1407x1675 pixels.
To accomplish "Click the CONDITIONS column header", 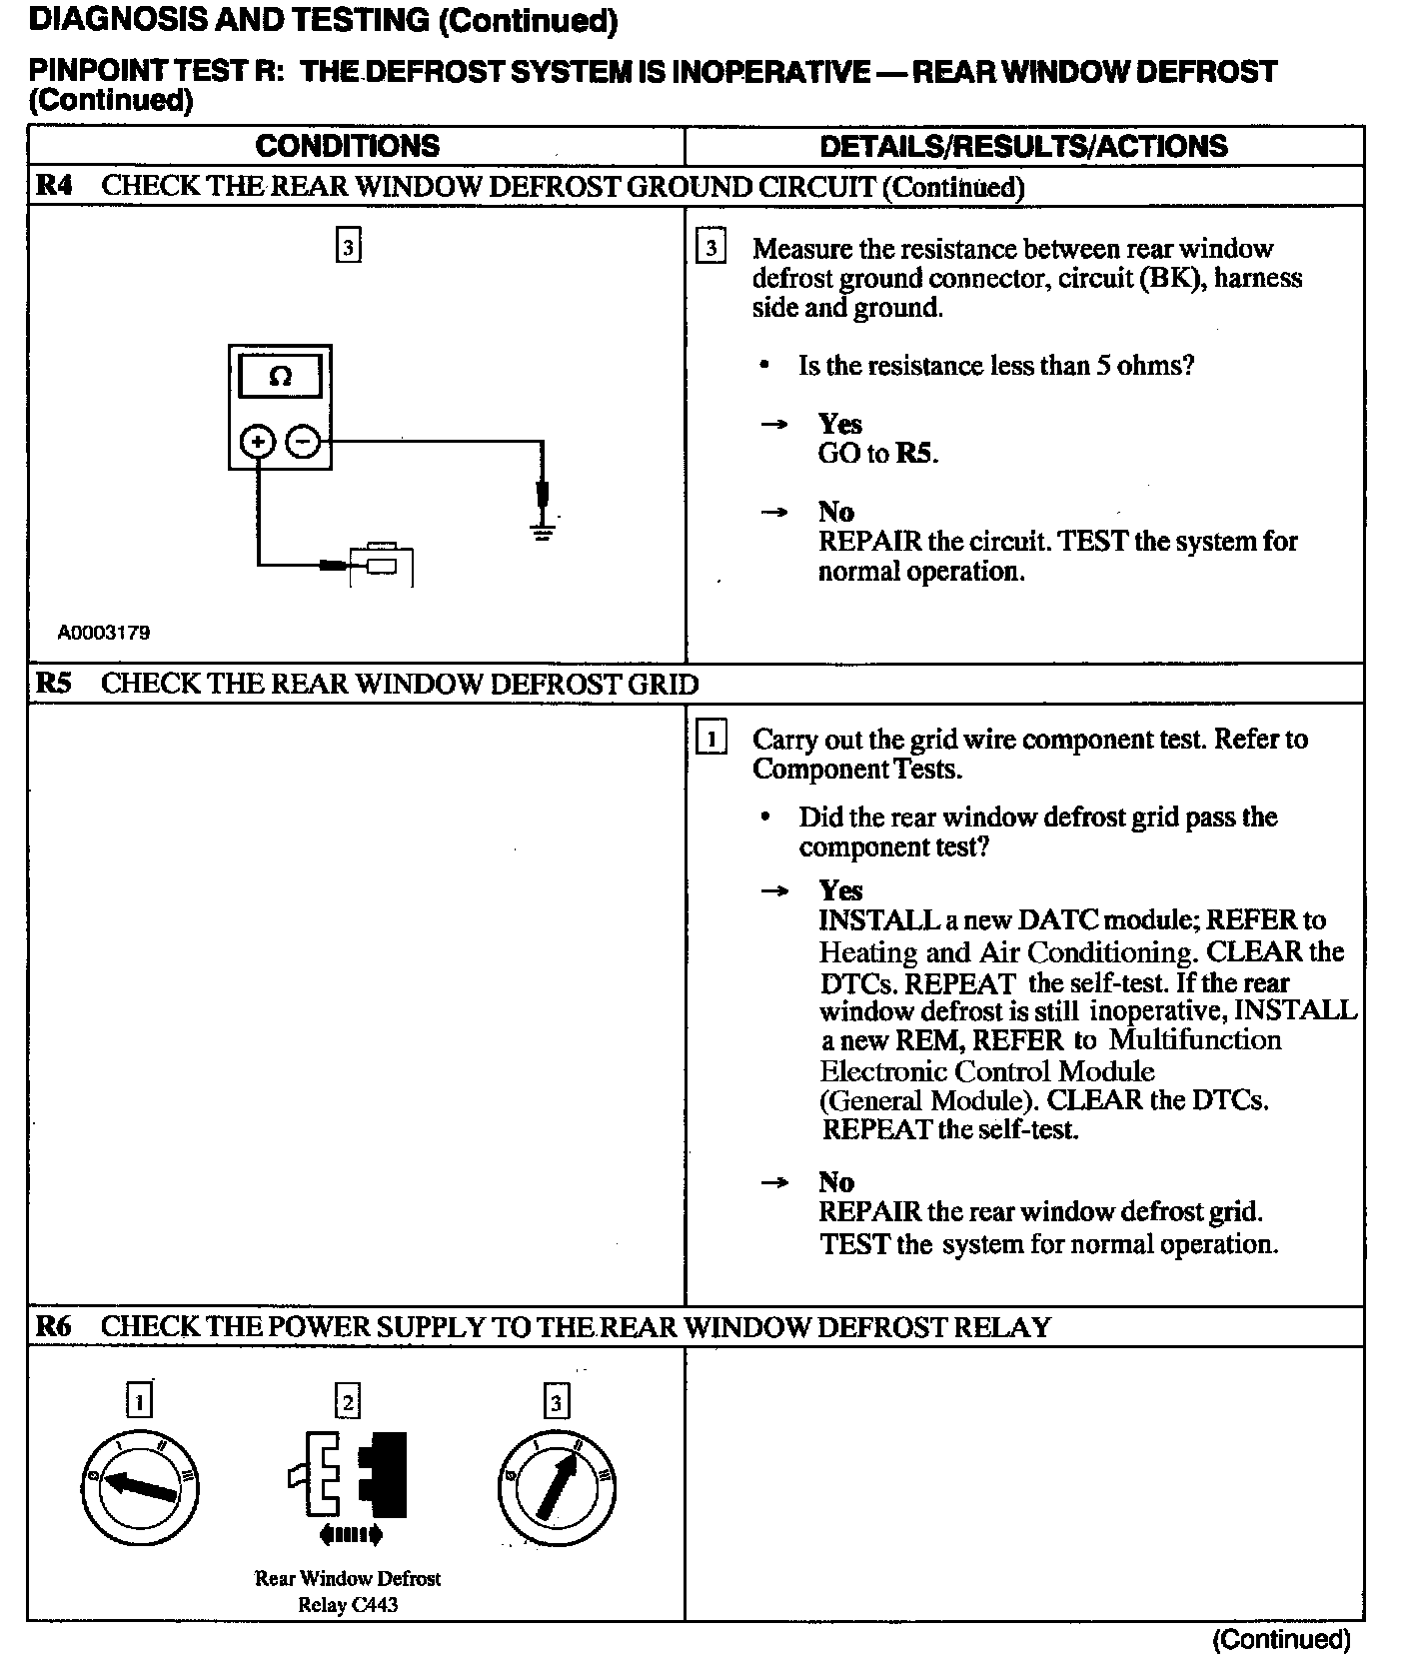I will pos(347,146).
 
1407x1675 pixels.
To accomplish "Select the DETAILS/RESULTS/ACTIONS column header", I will pos(1023,146).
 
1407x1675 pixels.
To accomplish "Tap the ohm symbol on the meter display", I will pos(281,378).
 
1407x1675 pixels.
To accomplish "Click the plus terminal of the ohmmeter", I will pos(258,441).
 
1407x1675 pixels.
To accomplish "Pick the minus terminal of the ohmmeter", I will pos(304,441).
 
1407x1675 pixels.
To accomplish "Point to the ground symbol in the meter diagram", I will pos(543,531).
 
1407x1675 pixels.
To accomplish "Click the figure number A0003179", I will pos(104,633).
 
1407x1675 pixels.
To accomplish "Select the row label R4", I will pos(54,186).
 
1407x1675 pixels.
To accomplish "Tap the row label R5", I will pos(54,684).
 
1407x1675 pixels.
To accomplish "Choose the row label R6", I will pos(54,1326).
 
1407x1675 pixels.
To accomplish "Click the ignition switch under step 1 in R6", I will pos(139,1488).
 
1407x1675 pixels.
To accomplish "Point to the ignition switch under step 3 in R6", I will pos(556,1488).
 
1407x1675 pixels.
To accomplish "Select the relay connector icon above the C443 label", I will pos(349,1475).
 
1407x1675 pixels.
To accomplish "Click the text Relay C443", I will pos(348,1605).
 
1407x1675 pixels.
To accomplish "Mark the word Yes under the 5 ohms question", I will pos(839,424).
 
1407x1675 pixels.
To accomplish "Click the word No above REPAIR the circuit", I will pos(835,512).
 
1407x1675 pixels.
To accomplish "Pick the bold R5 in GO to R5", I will pos(914,454).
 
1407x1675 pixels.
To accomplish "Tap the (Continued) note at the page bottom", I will pos(1281,1639).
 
